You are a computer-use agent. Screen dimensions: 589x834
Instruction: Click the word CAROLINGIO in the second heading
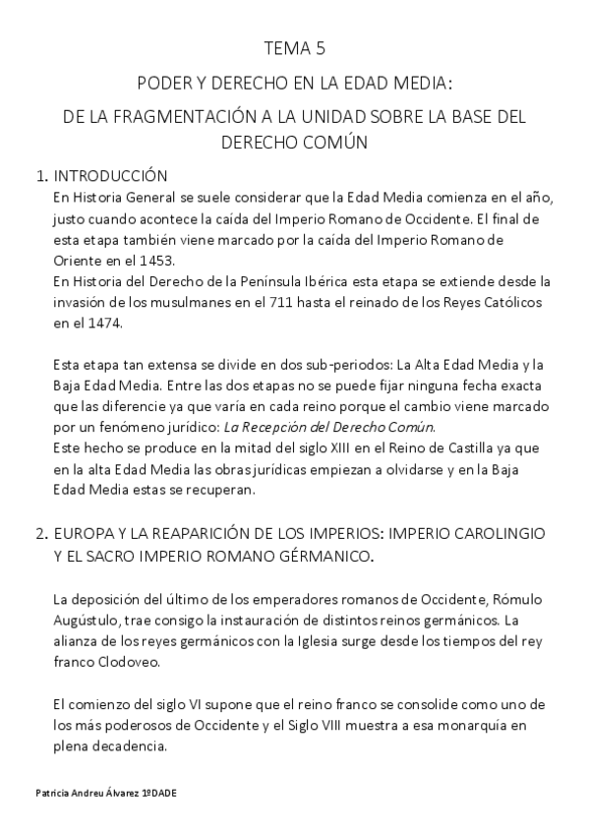coord(496,533)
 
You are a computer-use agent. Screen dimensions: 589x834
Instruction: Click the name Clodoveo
coord(136,663)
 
